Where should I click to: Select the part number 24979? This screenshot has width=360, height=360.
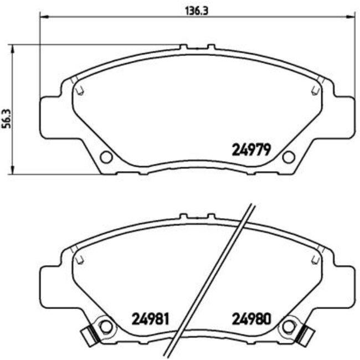click(249, 149)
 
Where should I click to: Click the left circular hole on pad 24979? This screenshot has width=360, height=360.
click(106, 157)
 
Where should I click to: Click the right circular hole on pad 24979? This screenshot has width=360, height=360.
click(288, 157)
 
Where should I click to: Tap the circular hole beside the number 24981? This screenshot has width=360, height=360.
click(106, 327)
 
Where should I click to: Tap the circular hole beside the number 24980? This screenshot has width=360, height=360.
click(288, 327)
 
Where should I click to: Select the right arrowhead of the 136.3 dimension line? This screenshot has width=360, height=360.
click(349, 17)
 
